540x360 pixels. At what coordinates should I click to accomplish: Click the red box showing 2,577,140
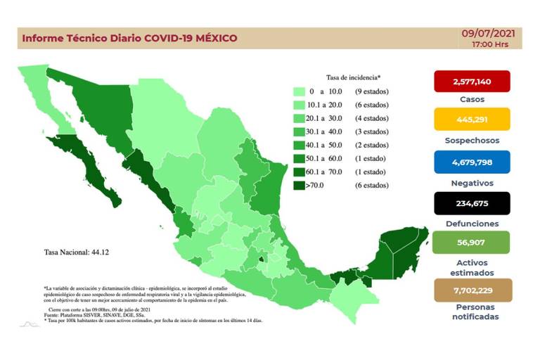(472, 82)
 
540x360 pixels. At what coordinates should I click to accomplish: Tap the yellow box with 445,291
(472, 120)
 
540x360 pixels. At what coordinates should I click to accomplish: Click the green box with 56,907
(472, 243)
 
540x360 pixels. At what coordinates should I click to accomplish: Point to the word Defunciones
(472, 224)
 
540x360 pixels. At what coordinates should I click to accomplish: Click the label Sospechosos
(472, 140)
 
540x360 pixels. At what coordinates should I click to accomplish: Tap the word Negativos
(472, 182)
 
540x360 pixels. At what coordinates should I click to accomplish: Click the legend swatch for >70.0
(299, 186)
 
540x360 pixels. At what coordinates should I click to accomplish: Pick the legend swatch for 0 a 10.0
(299, 91)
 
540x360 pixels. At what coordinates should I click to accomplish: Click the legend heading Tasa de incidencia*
(353, 77)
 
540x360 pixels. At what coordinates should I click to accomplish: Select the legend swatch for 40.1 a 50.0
(299, 146)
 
